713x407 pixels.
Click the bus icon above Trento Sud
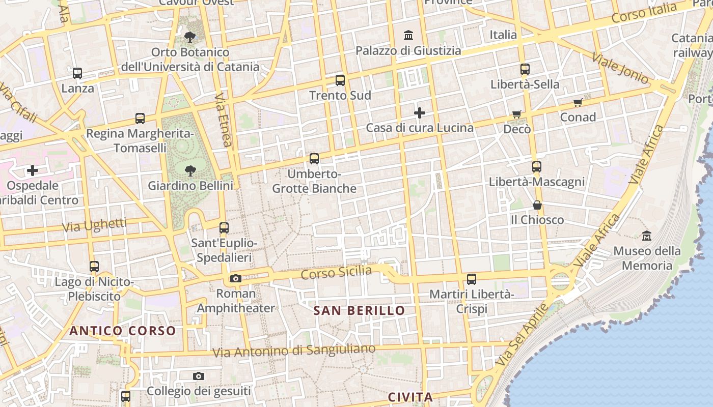point(340,80)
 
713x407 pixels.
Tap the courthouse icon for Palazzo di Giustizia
point(408,36)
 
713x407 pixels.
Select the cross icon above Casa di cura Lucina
point(420,112)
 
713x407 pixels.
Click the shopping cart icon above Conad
point(578,103)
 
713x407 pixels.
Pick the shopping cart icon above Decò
point(517,114)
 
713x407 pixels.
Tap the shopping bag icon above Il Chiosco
point(537,205)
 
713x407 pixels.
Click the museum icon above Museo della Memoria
point(647,236)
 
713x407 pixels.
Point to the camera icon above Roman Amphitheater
point(235,278)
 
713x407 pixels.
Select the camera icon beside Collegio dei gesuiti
point(199,376)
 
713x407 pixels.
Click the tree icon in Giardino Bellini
point(190,170)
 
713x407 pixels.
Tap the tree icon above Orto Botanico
point(190,37)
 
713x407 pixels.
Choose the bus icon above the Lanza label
point(77,73)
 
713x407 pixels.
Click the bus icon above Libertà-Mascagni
point(536,167)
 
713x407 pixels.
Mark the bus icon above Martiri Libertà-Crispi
point(472,279)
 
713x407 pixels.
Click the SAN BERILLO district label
point(360,310)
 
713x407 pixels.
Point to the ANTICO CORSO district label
point(123,331)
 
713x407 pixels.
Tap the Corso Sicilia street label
point(336,273)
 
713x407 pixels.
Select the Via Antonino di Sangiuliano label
point(294,351)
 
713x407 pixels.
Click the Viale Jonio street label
point(620,68)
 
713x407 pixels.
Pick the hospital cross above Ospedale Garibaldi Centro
point(33,170)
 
